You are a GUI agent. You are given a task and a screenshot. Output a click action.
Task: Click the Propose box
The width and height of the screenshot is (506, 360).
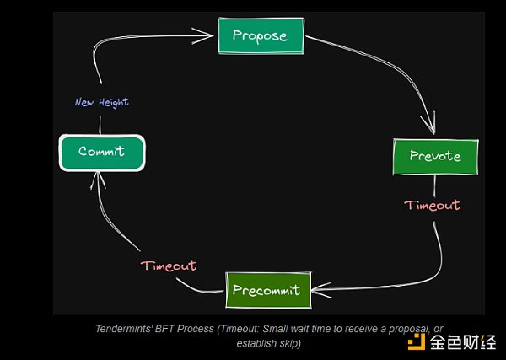pyautogui.click(x=261, y=35)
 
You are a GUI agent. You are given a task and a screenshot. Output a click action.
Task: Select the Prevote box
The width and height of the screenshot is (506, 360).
pyautogui.click(x=435, y=157)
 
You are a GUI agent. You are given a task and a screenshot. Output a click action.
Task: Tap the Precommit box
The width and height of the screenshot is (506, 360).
pyautogui.click(x=268, y=290)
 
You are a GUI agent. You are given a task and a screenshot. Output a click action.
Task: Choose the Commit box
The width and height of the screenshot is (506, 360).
pyautogui.click(x=102, y=153)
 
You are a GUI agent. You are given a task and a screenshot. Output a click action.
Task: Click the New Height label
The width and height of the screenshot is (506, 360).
pyautogui.click(x=102, y=103)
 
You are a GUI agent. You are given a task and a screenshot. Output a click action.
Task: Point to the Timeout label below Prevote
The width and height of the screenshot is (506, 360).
pyautogui.click(x=432, y=206)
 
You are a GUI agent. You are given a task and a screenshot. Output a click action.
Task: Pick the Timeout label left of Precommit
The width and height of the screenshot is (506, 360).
pyautogui.click(x=169, y=266)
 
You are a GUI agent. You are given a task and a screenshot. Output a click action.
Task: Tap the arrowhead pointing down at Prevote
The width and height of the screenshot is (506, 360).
pyautogui.click(x=430, y=124)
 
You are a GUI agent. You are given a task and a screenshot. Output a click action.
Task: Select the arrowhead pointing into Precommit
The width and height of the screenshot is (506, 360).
pyautogui.click(x=321, y=290)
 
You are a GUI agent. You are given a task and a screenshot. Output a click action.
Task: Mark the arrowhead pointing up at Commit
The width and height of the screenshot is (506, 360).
pyautogui.click(x=98, y=180)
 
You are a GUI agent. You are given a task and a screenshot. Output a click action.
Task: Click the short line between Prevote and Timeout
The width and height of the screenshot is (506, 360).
pyautogui.click(x=434, y=186)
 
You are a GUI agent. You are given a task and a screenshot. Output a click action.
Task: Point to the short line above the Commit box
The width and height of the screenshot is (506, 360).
pyautogui.click(x=100, y=125)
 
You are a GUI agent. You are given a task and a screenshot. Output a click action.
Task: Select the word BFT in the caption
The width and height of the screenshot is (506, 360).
pyautogui.click(x=164, y=329)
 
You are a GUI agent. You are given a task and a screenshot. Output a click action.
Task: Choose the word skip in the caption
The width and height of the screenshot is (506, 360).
pyautogui.click(x=289, y=344)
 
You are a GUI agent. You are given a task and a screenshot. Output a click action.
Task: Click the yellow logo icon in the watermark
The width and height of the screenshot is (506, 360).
pyautogui.click(x=417, y=341)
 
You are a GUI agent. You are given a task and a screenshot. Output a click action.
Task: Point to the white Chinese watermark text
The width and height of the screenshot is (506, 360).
pyautogui.click(x=463, y=342)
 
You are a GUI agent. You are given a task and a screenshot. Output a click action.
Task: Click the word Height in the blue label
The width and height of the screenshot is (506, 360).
pyautogui.click(x=114, y=103)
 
